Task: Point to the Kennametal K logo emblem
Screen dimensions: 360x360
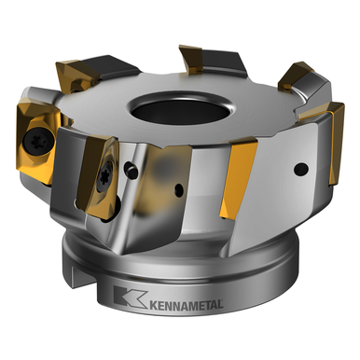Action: (123, 298)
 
